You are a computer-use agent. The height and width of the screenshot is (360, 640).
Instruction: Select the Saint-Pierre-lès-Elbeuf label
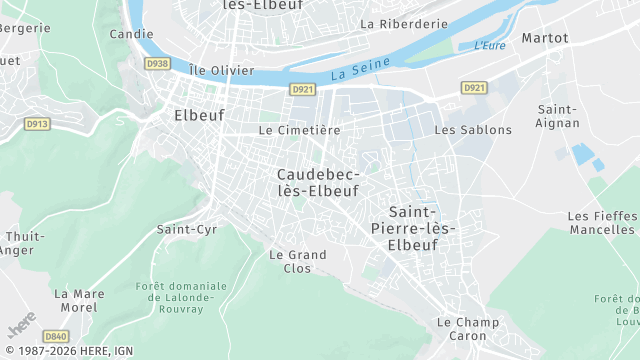point(420,228)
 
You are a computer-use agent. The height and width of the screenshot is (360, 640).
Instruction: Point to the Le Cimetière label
point(299,130)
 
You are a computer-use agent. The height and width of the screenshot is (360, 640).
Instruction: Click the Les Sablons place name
point(473,130)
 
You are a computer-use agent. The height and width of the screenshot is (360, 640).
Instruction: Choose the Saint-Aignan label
point(558,115)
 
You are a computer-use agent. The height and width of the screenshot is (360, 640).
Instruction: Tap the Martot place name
point(544,38)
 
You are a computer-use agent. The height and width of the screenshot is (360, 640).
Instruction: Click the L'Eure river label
point(489,45)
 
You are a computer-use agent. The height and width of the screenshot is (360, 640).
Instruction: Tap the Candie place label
point(131,33)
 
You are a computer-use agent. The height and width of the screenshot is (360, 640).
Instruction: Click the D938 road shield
point(157,63)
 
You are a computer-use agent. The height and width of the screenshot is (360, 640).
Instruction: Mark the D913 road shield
point(36,125)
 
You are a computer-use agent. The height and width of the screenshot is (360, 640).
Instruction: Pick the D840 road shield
point(56,338)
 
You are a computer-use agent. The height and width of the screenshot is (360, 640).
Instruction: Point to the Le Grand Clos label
point(298,261)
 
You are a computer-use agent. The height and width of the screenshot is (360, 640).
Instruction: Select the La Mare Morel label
point(78,300)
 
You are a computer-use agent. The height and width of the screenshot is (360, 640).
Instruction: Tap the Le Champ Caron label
point(468,329)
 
